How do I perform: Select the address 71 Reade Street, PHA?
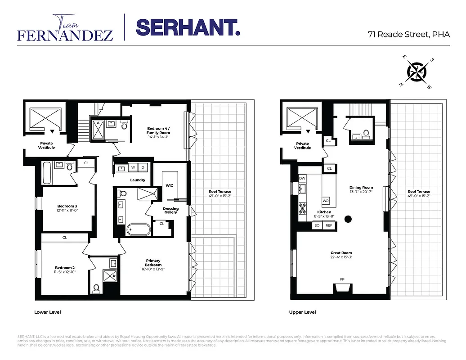click(408, 35)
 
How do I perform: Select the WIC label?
click(169, 185)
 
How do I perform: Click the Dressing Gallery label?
click(170, 211)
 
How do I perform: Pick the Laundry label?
click(138, 180)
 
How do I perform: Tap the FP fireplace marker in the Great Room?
click(342, 279)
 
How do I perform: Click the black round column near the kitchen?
click(348, 219)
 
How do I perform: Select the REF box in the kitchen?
click(329, 225)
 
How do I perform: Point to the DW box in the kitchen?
click(302, 178)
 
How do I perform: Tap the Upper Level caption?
click(302, 312)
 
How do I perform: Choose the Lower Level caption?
click(48, 312)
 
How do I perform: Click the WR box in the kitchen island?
click(326, 201)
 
